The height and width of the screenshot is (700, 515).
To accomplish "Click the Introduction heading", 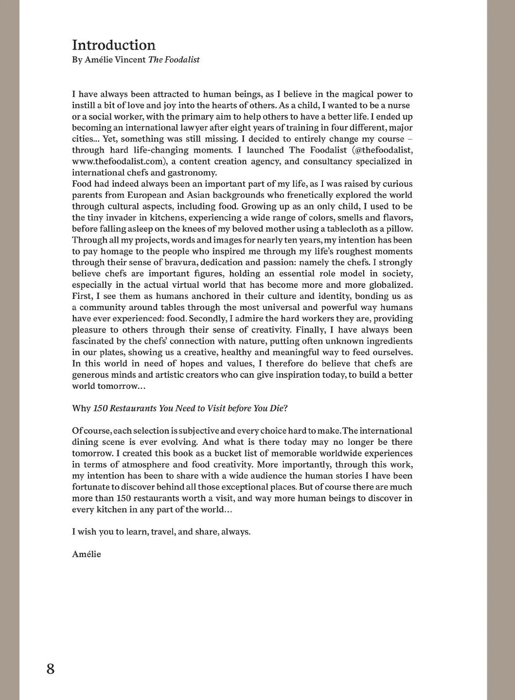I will pyautogui.click(x=114, y=45).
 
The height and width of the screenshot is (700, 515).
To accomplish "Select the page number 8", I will pyautogui.click(x=51, y=669).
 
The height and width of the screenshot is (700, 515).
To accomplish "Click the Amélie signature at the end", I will pyautogui.click(x=87, y=554).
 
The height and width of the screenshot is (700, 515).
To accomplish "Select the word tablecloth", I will pyautogui.click(x=351, y=229).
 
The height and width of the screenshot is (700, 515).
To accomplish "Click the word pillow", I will pyautogui.click(x=400, y=229).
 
